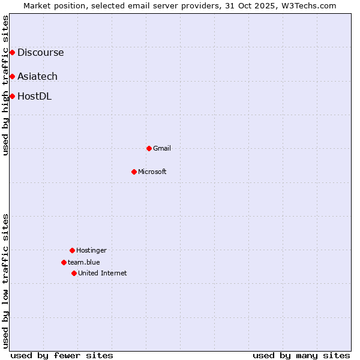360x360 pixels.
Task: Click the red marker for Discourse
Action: click(x=12, y=53)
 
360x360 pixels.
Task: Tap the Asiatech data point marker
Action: click(x=12, y=76)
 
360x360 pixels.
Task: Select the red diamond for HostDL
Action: click(x=12, y=96)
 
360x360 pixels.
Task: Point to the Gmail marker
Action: click(x=149, y=148)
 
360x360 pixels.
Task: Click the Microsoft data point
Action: click(x=134, y=172)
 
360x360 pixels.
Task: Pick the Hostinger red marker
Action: click(x=72, y=250)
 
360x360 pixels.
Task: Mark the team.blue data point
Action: click(x=64, y=262)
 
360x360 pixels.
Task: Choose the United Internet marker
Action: click(x=74, y=273)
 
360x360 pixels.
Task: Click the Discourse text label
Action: click(x=40, y=53)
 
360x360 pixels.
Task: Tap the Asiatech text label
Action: click(x=37, y=76)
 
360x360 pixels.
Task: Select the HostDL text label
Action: click(x=34, y=96)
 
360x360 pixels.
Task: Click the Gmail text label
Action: click(x=162, y=148)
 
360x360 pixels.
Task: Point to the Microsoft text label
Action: click(x=152, y=172)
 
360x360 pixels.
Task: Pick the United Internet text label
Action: click(x=103, y=273)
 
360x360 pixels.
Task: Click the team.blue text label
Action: click(x=84, y=262)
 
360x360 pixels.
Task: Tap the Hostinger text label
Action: click(x=91, y=250)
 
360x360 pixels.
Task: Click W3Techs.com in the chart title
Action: click(x=307, y=5)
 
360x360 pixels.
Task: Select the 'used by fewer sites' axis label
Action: click(x=62, y=355)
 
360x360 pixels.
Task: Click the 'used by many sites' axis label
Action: click(x=301, y=355)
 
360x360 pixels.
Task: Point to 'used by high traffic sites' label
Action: click(x=5, y=85)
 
